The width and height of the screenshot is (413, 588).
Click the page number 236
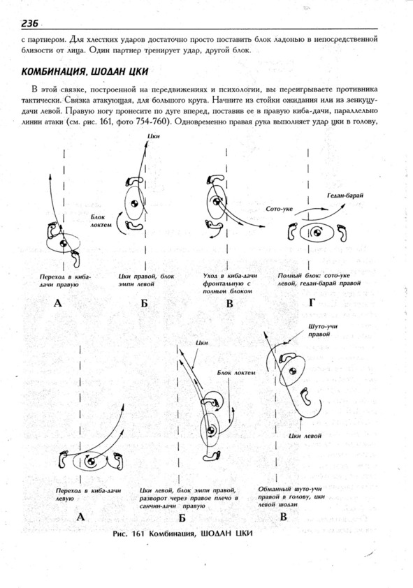coord(29,23)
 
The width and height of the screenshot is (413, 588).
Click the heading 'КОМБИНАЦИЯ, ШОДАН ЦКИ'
coord(85,71)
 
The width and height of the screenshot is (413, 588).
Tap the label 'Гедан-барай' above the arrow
coord(345,196)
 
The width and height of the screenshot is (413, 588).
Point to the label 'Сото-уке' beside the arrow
coord(279,209)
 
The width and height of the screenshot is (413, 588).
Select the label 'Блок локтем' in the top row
coord(101,221)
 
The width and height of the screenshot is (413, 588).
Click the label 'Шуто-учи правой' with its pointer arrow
coord(323,330)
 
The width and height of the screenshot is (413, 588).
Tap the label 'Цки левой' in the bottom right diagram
coord(305,436)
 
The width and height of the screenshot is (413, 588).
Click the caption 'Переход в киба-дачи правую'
coord(65,280)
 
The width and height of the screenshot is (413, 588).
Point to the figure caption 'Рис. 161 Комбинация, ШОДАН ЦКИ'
coord(182,534)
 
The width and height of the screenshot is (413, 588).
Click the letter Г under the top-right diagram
coord(312,302)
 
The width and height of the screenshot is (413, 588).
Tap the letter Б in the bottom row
coord(182,518)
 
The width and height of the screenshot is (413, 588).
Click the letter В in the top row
coord(230,303)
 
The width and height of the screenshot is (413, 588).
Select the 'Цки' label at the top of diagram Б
coord(154,136)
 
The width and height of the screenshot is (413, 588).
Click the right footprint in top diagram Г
coord(342,233)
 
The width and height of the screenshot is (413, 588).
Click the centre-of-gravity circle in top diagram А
coord(63,243)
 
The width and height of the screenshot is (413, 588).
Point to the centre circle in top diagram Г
coord(317,233)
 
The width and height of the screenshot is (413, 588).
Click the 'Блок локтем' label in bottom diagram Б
coord(236,373)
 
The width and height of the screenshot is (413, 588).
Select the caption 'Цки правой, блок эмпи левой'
coord(146,280)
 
